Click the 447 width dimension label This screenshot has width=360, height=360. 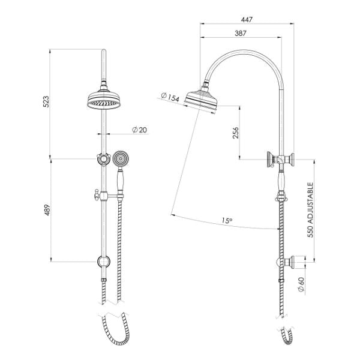(246, 19)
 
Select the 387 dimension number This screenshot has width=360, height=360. (241, 34)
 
